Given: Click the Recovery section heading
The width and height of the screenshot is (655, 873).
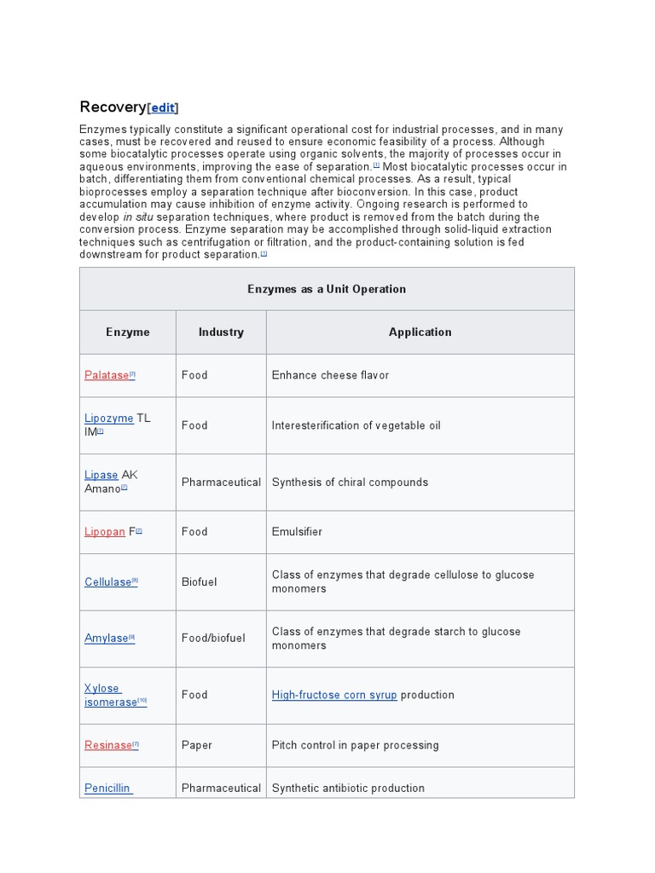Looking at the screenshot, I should click(x=113, y=107).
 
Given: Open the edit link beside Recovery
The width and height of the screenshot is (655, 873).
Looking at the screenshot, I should click(x=163, y=108).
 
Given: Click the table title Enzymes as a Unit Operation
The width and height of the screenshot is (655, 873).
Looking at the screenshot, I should click(x=327, y=289).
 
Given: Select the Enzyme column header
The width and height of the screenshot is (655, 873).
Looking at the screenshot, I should click(x=128, y=332).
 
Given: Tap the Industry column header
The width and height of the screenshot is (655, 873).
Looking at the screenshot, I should click(x=221, y=332).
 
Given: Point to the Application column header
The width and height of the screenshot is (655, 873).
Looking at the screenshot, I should click(x=420, y=332).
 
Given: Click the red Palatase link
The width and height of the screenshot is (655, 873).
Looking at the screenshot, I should click(x=107, y=375).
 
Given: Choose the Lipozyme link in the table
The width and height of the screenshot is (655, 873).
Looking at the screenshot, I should click(x=108, y=419).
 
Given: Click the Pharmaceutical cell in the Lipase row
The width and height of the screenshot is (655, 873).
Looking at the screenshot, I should click(x=221, y=483).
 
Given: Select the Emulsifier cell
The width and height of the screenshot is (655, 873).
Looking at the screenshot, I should click(x=297, y=532).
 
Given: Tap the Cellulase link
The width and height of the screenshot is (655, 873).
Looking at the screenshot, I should click(x=107, y=582).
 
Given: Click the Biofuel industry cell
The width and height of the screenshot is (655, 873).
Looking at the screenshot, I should click(x=199, y=582).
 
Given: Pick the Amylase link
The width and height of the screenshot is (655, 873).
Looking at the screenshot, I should click(x=106, y=639).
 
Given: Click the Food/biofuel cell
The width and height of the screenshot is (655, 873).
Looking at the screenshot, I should click(x=213, y=639).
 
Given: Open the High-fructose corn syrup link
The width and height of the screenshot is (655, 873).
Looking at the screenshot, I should click(x=334, y=696).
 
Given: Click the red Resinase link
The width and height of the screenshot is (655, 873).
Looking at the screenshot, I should click(x=107, y=745).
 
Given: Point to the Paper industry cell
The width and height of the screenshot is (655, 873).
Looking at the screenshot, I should click(x=195, y=745).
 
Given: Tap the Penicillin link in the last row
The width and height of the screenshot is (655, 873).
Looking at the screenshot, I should click(x=107, y=789).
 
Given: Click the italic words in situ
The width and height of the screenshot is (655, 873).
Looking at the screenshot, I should click(x=139, y=217).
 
